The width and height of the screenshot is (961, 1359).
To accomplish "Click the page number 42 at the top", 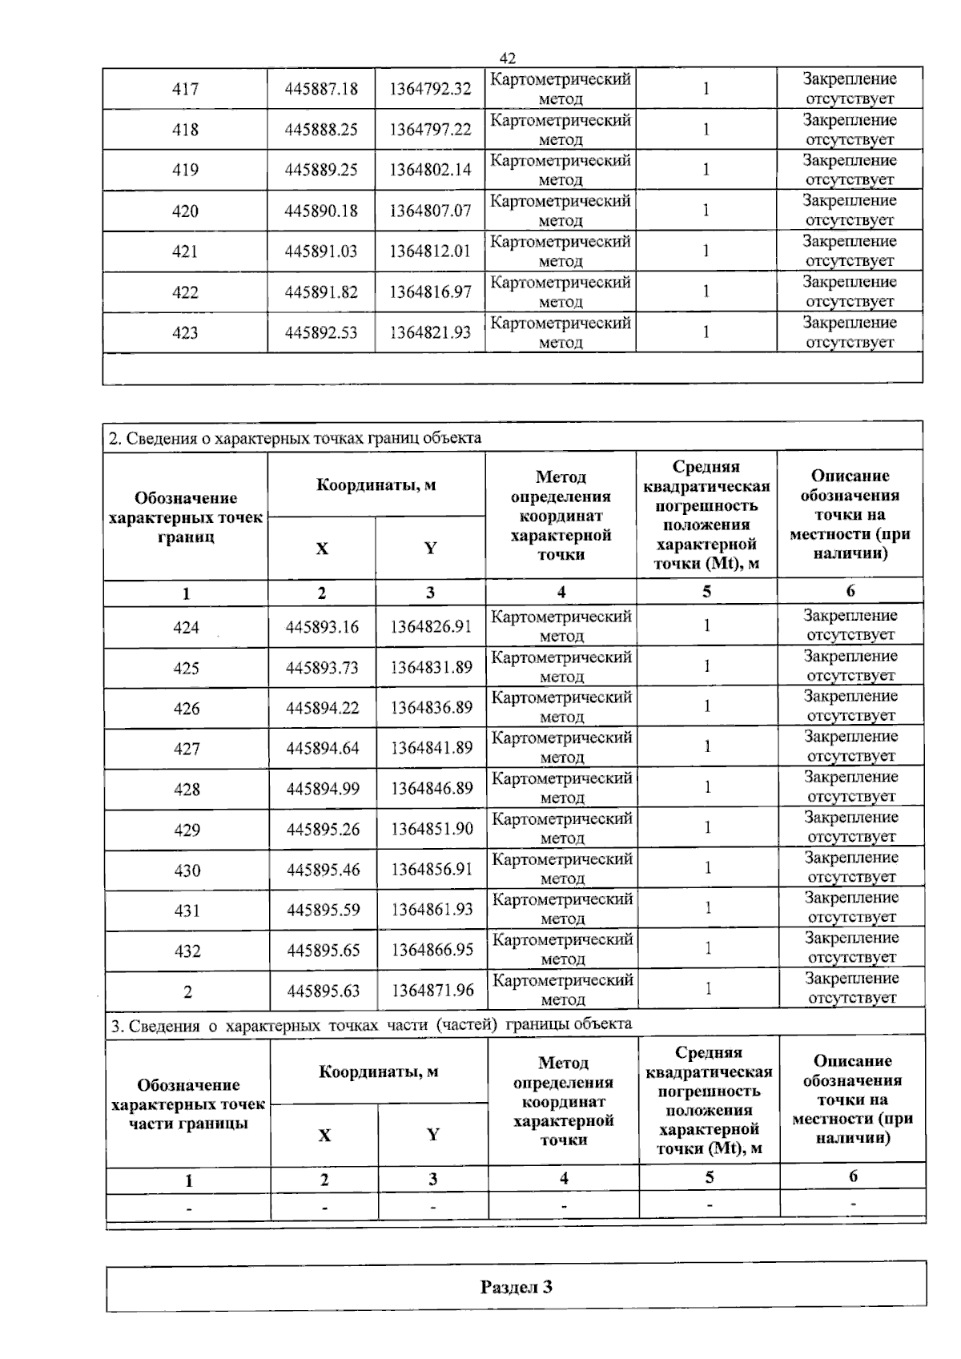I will point(507,58).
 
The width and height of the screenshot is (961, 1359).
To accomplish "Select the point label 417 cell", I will point(185,89).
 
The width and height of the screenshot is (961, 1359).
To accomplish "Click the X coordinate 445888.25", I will point(321,130).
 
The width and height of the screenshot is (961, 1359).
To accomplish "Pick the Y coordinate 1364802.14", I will point(430,170).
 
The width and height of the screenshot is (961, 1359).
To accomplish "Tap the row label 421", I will point(185,251).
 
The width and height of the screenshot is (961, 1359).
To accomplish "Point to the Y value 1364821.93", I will point(430,332).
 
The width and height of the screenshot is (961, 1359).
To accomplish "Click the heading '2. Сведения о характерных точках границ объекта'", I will point(295,438).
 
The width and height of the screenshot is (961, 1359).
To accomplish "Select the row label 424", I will point(186,628).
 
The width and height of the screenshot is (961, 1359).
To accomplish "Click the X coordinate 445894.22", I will point(323,708).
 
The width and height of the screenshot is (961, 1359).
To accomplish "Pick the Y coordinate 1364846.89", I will point(432,789).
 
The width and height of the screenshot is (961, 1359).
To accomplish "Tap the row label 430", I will point(187,870).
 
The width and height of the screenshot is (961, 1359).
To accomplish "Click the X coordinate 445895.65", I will point(324,951).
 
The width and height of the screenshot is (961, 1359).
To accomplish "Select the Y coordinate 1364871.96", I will point(432,991).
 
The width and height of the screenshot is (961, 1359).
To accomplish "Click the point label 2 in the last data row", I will point(187,992).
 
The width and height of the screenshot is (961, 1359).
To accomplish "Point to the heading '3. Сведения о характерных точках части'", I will point(370,1024).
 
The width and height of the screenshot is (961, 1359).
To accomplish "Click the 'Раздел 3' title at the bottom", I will point(516,1287).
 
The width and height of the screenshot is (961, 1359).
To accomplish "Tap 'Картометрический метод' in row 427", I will point(561,747).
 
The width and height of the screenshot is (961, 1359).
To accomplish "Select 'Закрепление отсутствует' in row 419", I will point(850,170).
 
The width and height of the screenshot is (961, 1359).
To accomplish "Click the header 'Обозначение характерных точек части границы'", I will point(188,1104).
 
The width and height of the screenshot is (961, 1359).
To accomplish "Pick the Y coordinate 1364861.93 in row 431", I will point(432,910).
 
